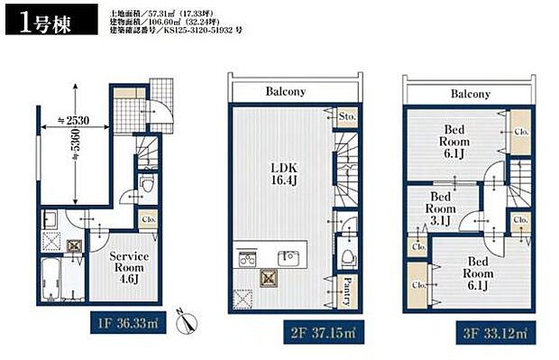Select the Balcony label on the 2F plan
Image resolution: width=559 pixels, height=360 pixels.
(286, 92)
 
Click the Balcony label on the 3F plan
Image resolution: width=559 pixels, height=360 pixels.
(470, 93)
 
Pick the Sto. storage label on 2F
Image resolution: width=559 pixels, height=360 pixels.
(347, 117)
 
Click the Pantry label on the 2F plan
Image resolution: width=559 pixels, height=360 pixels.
(347, 292)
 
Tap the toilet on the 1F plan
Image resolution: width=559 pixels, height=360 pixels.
(149, 186)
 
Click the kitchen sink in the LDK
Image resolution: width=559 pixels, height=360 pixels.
(286, 255)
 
